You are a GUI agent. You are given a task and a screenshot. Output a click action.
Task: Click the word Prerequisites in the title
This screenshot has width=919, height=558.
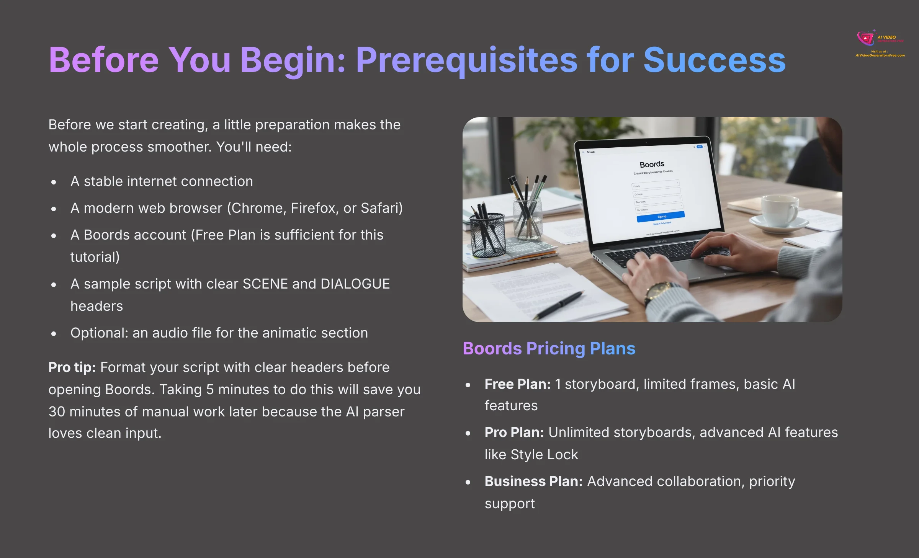coord(466,60)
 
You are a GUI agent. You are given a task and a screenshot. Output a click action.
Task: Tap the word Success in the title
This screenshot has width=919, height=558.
coord(714,60)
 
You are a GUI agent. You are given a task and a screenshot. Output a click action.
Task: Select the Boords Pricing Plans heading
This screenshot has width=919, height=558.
coord(549,349)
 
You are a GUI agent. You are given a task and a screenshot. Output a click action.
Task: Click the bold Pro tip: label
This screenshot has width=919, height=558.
coord(72,367)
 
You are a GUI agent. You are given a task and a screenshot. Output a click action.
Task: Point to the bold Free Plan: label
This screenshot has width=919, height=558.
coord(517,384)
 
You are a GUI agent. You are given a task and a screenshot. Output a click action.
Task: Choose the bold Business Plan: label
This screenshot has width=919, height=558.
coord(533,481)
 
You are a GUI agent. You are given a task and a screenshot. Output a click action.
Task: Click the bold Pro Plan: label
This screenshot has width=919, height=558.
coord(514,432)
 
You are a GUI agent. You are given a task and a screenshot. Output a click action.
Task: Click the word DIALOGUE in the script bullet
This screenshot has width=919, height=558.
coord(355,284)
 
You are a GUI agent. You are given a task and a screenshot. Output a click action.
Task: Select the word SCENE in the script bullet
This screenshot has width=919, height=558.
coord(265,284)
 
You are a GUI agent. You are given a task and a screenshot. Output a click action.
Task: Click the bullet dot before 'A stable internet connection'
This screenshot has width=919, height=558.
coord(54,182)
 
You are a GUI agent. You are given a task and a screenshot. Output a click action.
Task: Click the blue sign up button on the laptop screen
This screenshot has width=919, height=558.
coord(661,217)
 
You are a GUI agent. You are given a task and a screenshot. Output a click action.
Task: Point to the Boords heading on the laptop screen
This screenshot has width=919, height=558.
coord(652,164)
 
